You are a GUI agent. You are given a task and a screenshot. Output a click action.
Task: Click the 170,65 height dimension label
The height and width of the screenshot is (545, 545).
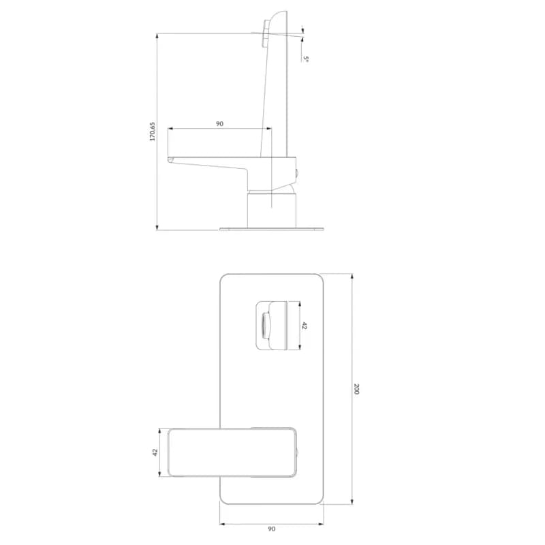(153, 131)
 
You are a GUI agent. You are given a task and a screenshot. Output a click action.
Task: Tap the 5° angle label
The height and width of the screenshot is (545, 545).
(306, 59)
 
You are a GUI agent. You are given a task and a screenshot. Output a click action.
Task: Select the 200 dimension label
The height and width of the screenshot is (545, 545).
(356, 388)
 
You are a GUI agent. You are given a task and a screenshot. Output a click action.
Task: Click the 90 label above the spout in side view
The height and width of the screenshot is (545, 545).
(219, 124)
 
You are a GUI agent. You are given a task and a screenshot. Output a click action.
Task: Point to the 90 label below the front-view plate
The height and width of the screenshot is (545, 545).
(271, 529)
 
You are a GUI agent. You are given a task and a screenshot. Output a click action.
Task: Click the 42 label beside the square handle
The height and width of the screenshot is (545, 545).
(305, 326)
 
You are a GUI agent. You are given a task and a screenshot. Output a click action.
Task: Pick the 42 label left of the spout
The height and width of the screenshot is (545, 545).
(155, 452)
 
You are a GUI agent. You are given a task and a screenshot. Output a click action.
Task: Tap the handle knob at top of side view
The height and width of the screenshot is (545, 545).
(266, 33)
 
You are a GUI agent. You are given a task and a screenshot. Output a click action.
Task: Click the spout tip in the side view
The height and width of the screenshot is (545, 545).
(171, 160)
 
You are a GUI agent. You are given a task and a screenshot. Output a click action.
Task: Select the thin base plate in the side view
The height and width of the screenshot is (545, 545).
(271, 229)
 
